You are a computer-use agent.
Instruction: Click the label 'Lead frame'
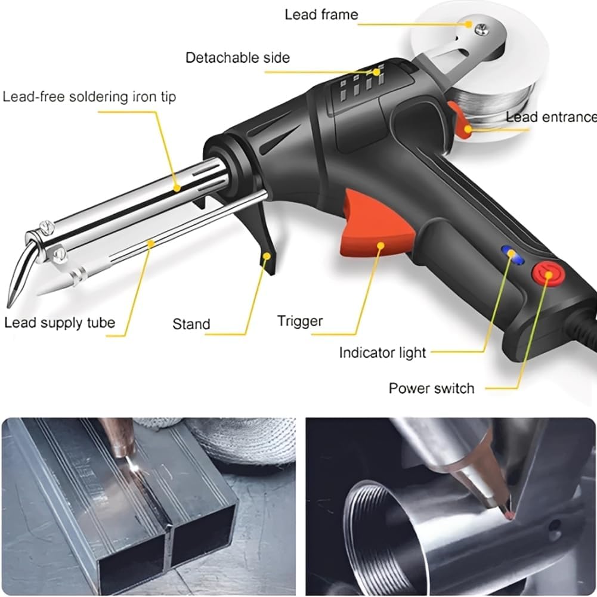point(321,14)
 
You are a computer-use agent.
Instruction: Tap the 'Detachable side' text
point(237,58)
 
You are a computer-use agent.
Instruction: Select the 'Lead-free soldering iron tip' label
point(89,97)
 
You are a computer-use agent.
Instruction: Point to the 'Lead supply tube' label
point(60,323)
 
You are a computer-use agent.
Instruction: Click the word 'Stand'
point(191,324)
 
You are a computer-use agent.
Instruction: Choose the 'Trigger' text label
point(299,321)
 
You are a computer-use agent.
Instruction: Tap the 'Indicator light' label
point(382,352)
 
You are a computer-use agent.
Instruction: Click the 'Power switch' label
point(431,388)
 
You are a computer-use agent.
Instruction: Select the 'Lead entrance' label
point(550,117)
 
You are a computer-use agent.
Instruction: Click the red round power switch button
point(543,274)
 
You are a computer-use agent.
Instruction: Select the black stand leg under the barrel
point(267,250)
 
